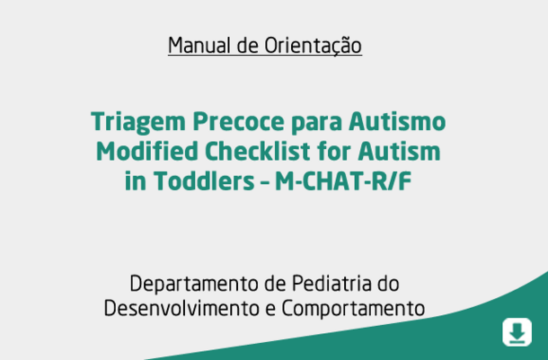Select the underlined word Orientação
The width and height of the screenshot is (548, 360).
(x=313, y=46)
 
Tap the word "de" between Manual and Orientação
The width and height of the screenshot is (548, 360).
(x=247, y=46)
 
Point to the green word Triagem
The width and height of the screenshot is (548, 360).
(x=138, y=122)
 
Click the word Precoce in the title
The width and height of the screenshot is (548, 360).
(x=239, y=121)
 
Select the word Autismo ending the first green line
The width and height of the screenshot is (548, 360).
(x=397, y=121)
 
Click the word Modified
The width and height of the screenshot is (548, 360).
(x=147, y=151)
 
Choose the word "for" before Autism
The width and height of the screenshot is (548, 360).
(x=334, y=151)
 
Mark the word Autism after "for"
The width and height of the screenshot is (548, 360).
(x=399, y=151)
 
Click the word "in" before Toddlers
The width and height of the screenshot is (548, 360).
(x=136, y=181)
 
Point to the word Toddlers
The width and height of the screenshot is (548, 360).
(x=204, y=181)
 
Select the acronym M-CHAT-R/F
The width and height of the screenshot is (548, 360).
(x=343, y=181)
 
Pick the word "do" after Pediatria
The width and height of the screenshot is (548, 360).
(x=388, y=283)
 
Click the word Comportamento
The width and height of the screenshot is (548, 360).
(x=353, y=309)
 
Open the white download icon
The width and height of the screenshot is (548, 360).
(x=517, y=332)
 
